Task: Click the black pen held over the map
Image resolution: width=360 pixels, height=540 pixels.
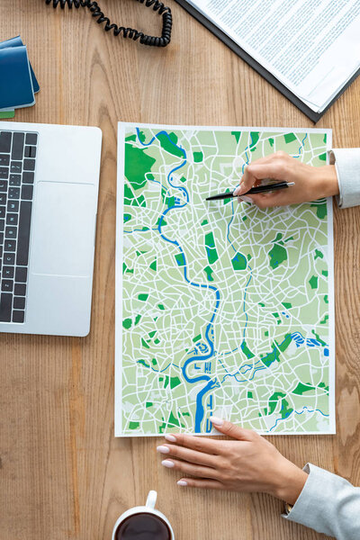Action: tap(252, 190)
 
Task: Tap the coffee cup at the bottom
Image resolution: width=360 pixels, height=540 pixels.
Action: tap(142, 522)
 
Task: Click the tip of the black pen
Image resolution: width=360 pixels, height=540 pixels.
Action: tap(208, 197)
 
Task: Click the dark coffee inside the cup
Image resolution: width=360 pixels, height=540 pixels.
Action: tap(142, 527)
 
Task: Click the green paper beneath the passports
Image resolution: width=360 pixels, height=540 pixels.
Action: tap(6, 114)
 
